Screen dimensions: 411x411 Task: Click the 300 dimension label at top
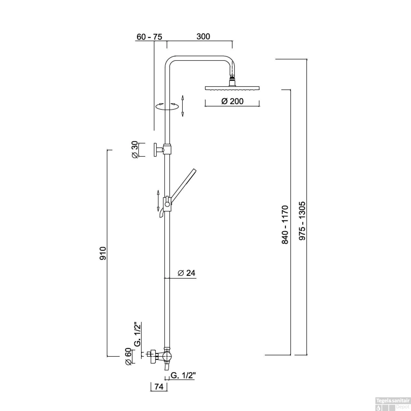pos(203,36)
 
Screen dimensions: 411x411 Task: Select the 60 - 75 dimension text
pos(149,37)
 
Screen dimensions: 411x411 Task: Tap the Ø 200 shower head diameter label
pos(232,101)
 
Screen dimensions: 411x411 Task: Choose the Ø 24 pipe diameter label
pos(186,273)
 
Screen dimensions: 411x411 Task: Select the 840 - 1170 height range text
pos(285,224)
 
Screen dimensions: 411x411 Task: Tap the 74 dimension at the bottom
pos(159,387)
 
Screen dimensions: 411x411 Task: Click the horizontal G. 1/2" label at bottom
pos(183,375)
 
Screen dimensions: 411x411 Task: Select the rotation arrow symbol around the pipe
pos(167,106)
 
